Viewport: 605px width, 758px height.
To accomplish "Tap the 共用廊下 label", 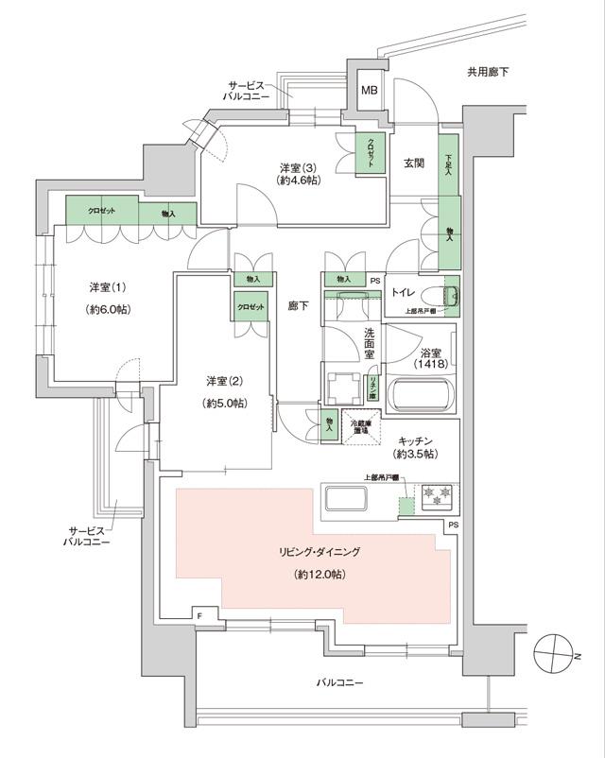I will [x=489, y=72].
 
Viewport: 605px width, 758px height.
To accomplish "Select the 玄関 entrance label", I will [x=414, y=163].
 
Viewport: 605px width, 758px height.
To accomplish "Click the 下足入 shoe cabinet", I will [x=450, y=171].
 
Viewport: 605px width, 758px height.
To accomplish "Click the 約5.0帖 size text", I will [x=226, y=403].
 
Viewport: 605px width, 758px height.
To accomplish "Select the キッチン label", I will [x=416, y=439].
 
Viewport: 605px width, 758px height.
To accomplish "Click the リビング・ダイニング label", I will [x=320, y=551].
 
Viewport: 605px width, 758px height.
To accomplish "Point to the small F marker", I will [x=200, y=616].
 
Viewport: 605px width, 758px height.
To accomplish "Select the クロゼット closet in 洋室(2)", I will [x=251, y=307].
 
